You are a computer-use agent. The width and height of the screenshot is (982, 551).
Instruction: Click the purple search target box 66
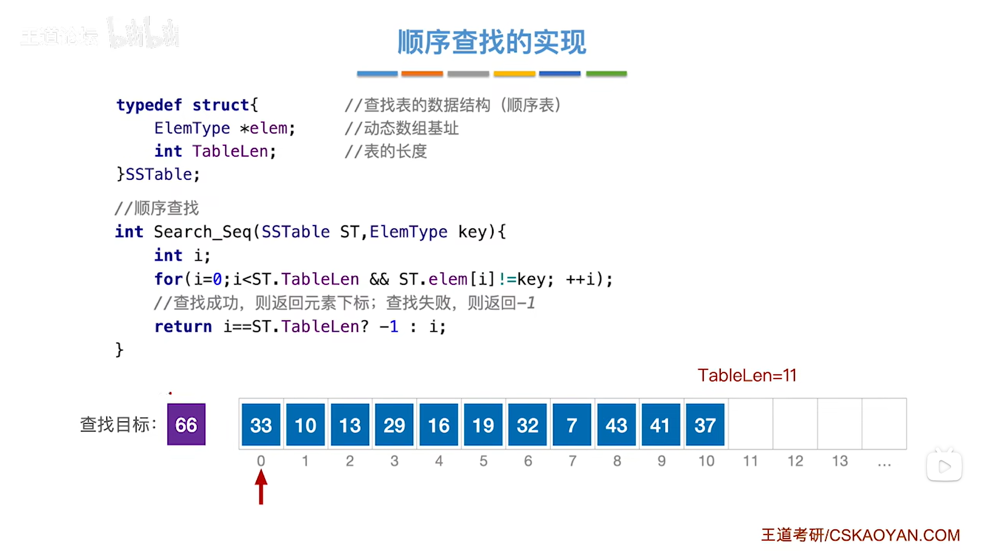click(x=186, y=424)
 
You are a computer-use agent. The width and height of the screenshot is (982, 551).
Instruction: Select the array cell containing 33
click(x=261, y=425)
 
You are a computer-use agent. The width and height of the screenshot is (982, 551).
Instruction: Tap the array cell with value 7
click(x=572, y=425)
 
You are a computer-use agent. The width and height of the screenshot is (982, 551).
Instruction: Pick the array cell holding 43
click(x=616, y=425)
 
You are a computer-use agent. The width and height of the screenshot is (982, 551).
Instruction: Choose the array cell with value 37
click(x=705, y=425)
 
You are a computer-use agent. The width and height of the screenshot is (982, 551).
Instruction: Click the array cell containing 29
click(x=394, y=425)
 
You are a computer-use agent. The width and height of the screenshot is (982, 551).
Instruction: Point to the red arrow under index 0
click(x=261, y=487)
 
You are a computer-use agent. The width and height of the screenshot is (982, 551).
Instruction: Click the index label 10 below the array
click(x=706, y=461)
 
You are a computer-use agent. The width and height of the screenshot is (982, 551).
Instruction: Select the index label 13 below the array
click(x=839, y=461)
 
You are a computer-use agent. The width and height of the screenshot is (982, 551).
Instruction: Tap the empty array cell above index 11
click(x=750, y=424)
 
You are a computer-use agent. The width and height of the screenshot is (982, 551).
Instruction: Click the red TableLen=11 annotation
click(x=747, y=375)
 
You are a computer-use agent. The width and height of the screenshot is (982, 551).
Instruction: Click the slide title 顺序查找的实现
click(x=492, y=42)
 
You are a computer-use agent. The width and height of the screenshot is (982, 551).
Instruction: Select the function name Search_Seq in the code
click(x=202, y=232)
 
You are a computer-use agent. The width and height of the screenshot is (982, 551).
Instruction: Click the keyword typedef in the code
click(x=149, y=105)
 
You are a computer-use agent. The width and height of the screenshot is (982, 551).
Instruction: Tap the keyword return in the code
click(x=183, y=326)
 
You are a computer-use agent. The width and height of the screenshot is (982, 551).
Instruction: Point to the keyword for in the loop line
click(x=168, y=279)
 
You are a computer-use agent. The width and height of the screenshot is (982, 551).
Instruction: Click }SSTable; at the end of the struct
click(x=158, y=175)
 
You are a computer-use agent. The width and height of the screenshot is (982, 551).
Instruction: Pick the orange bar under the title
click(x=422, y=74)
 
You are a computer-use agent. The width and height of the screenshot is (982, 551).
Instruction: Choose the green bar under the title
click(x=606, y=74)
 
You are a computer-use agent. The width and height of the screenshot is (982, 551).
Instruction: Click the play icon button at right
click(x=944, y=467)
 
